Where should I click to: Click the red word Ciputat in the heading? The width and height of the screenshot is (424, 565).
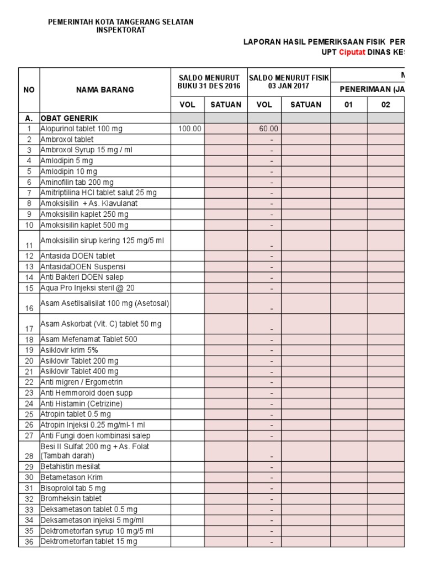click(x=352, y=52)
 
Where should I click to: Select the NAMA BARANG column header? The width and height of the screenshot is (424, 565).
click(x=104, y=89)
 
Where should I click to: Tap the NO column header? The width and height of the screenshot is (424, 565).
click(x=29, y=89)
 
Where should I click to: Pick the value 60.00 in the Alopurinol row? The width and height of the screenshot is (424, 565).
click(x=269, y=129)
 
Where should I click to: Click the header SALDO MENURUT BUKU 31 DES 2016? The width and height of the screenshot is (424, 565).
click(x=209, y=82)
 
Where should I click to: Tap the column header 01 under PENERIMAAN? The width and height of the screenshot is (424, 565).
click(x=348, y=105)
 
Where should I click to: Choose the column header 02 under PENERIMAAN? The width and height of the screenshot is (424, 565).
click(x=386, y=105)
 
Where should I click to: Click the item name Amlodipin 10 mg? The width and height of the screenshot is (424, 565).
click(x=66, y=171)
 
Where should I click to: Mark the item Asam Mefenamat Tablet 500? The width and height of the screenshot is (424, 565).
click(x=88, y=339)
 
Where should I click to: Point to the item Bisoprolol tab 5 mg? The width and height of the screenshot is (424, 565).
click(x=73, y=488)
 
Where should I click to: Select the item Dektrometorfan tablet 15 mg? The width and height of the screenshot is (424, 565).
click(x=88, y=541)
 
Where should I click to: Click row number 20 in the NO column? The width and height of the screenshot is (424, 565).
click(x=29, y=361)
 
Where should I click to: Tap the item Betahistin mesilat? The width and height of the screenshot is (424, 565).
click(x=70, y=467)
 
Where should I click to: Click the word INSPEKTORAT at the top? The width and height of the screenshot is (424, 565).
click(x=121, y=30)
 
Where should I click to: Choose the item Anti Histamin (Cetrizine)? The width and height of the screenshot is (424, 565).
click(x=81, y=403)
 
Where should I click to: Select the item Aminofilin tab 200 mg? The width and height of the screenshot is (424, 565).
click(x=77, y=182)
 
